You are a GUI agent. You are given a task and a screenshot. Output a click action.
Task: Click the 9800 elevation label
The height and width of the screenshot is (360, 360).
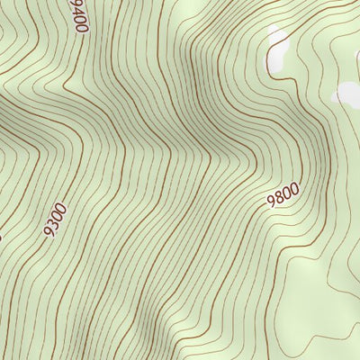tap(283, 193)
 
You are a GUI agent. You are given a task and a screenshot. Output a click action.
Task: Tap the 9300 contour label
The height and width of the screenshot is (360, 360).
tap(55, 220)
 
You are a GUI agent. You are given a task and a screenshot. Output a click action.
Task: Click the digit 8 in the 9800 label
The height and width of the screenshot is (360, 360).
tap(280, 196)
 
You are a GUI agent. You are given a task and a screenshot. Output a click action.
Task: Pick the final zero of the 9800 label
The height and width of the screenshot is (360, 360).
tap(293, 186)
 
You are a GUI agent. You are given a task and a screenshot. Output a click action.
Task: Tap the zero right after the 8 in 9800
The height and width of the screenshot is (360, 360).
tap(287, 191)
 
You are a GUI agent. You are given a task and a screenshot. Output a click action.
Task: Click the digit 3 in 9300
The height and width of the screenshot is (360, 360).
tap(53, 225)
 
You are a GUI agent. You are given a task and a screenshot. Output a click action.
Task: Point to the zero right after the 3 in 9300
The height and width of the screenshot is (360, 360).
tap(57, 217)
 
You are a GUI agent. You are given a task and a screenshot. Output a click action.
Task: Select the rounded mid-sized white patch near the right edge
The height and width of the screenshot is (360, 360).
tap(346, 93)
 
